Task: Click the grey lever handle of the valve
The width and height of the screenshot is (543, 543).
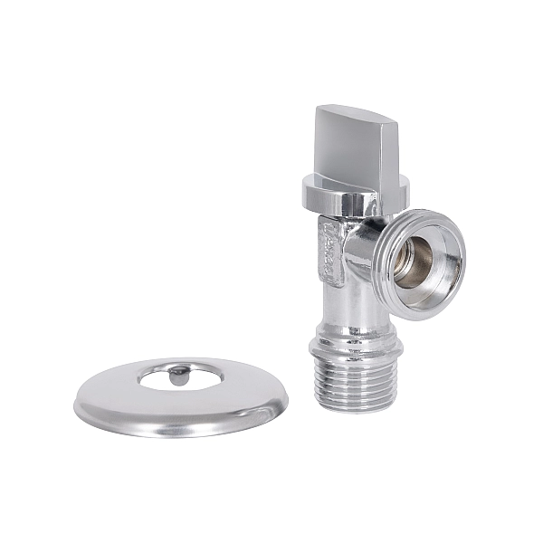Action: coord(353,145)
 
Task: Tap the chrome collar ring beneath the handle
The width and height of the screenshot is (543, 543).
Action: coord(354,192)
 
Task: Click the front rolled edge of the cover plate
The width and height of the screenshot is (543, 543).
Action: coord(181,430)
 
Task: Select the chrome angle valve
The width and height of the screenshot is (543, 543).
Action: coord(353,271)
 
